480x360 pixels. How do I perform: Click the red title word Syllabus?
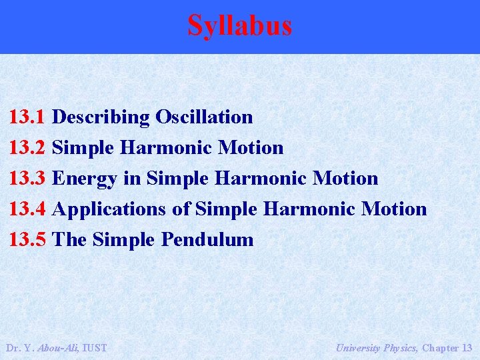coord(239,25)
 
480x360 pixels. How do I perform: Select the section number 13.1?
coord(27,117)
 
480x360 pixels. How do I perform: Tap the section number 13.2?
coord(27,148)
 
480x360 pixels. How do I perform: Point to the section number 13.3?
coord(27,179)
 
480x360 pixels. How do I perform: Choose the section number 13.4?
coord(27,209)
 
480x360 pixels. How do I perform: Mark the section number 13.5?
coord(27,240)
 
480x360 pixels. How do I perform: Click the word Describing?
coord(101,118)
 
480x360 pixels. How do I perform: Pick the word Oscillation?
coord(204,117)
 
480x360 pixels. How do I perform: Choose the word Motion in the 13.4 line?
coord(393,209)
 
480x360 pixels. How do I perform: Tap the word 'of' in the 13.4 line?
coord(181,209)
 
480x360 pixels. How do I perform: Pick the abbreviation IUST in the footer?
coord(93,348)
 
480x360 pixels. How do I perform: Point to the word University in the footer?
coord(358,348)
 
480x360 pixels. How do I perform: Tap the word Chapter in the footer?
coord(441,348)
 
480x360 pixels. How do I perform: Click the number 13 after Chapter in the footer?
coord(467,348)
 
